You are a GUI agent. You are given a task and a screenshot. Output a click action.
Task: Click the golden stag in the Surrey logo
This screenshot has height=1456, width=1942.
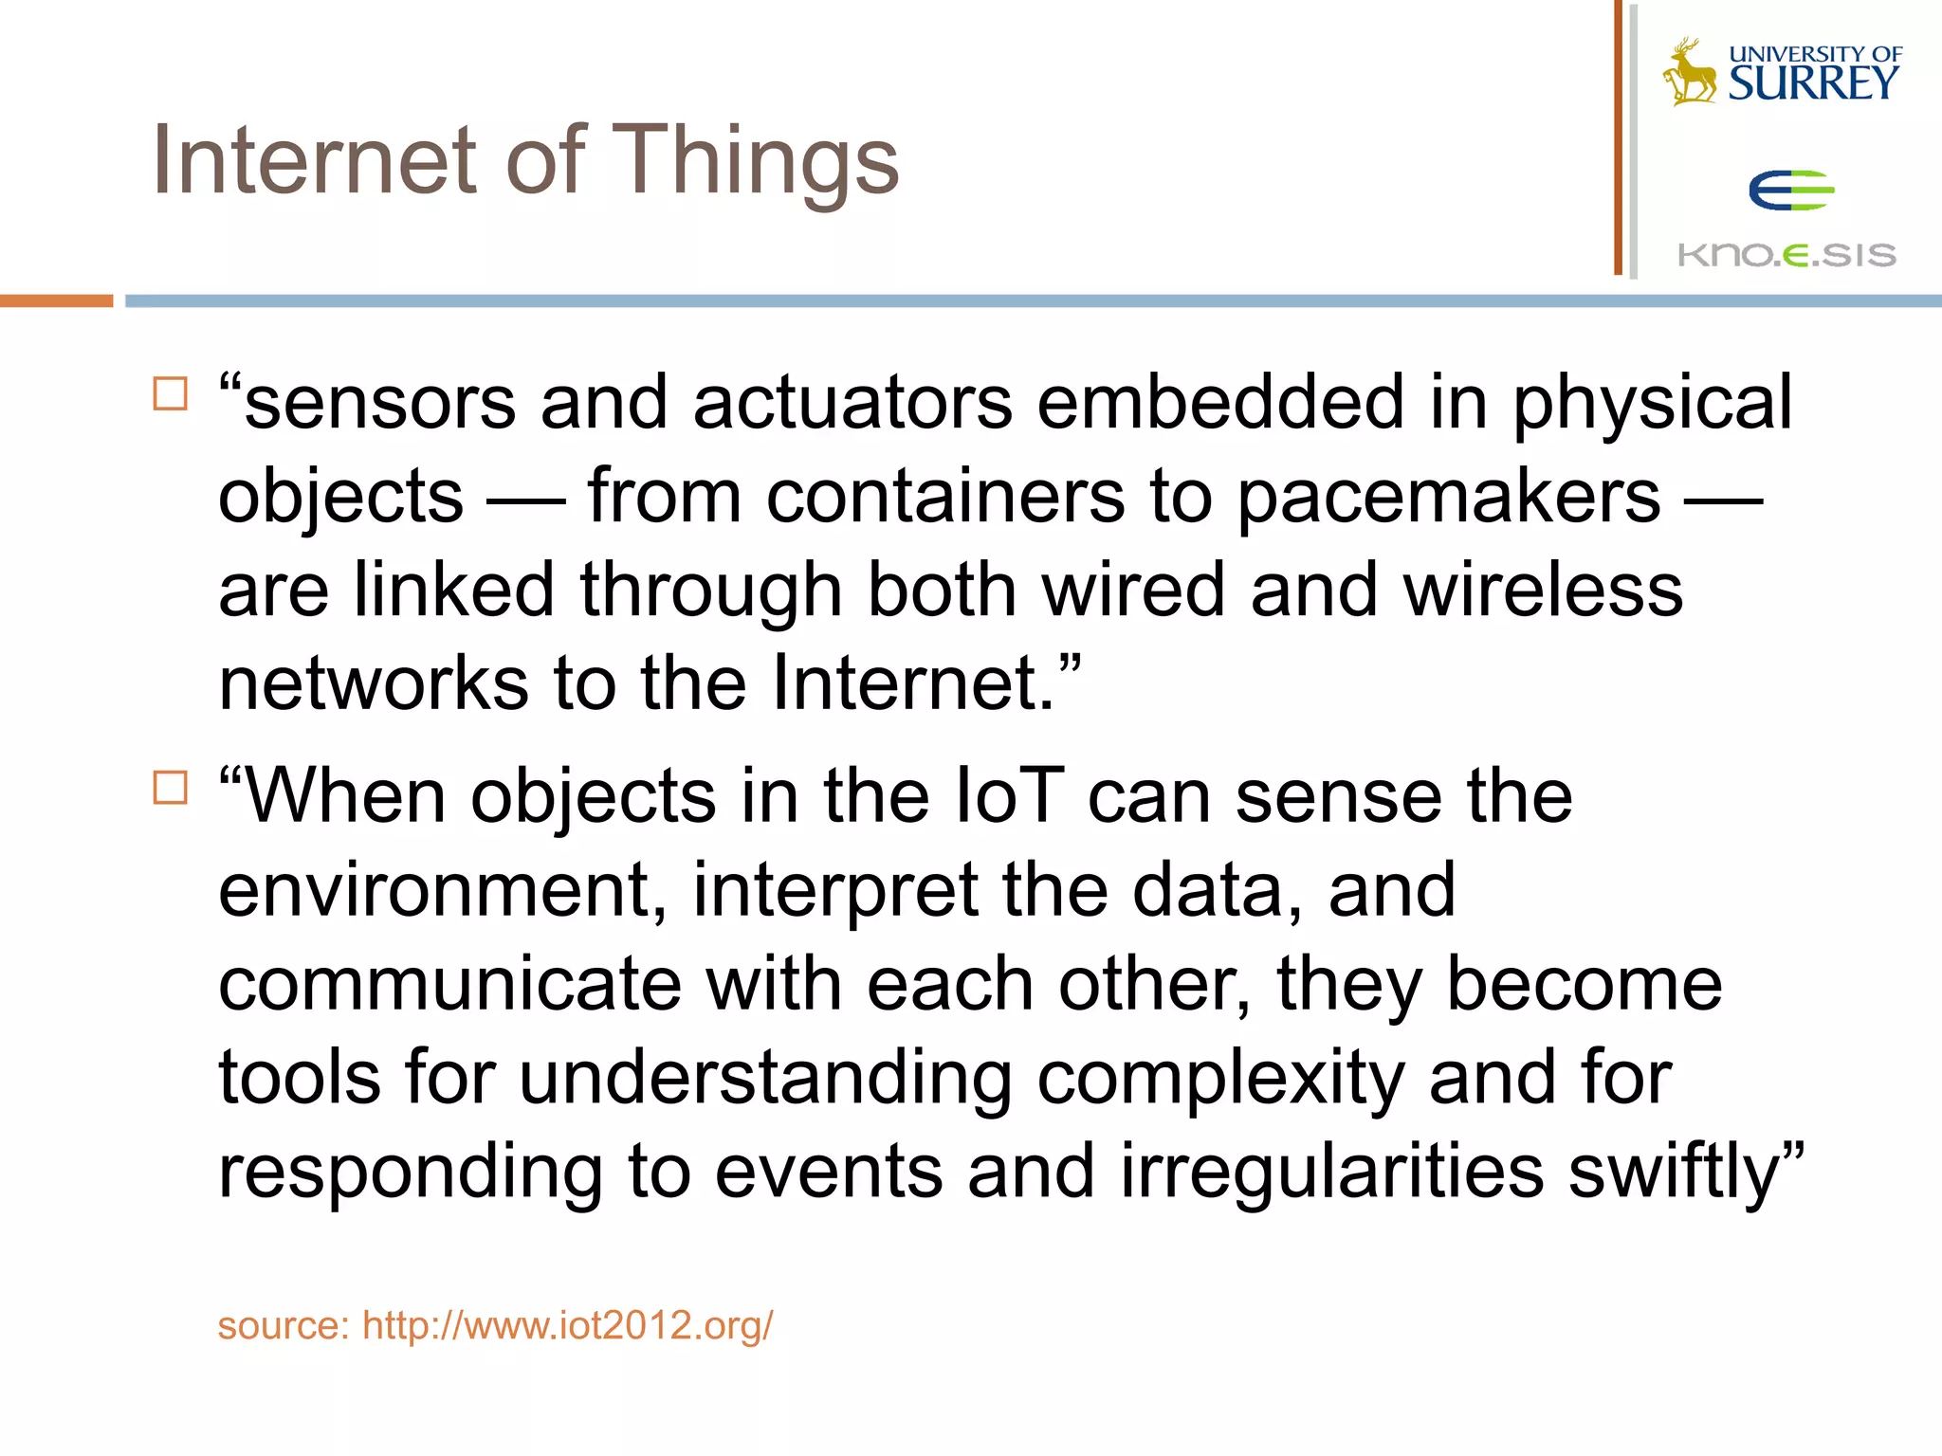pyautogui.click(x=1689, y=72)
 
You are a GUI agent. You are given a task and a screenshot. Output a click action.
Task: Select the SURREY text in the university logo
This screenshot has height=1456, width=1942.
pyautogui.click(x=1813, y=83)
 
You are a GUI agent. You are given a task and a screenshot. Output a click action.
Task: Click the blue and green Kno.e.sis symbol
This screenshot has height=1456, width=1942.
pyautogui.click(x=1790, y=191)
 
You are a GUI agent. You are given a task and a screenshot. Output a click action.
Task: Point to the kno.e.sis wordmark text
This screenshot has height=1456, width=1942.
pyautogui.click(x=1786, y=255)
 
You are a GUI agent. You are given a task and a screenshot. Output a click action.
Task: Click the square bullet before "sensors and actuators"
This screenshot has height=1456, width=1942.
pyautogui.click(x=170, y=393)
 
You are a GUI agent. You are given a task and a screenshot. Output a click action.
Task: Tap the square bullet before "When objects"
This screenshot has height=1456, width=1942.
pyautogui.click(x=170, y=787)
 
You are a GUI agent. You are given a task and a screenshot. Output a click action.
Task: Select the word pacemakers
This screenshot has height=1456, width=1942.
pyautogui.click(x=1449, y=496)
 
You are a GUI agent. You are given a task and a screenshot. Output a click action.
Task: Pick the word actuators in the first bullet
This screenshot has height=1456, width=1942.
pyautogui.click(x=852, y=403)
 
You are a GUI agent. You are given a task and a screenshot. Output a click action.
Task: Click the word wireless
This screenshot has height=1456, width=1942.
pyautogui.click(x=1543, y=590)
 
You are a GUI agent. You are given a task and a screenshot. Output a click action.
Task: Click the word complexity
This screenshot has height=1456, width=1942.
pyautogui.click(x=1220, y=1078)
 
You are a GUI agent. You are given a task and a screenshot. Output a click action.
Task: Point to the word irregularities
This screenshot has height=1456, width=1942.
pyautogui.click(x=1332, y=1172)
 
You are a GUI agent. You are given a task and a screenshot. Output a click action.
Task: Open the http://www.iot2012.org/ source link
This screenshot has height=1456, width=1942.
pyautogui.click(x=567, y=1325)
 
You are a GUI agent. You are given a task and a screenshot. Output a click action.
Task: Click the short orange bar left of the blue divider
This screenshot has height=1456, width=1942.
pyautogui.click(x=56, y=300)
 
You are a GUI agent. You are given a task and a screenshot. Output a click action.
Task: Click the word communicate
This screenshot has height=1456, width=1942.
pyautogui.click(x=449, y=984)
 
